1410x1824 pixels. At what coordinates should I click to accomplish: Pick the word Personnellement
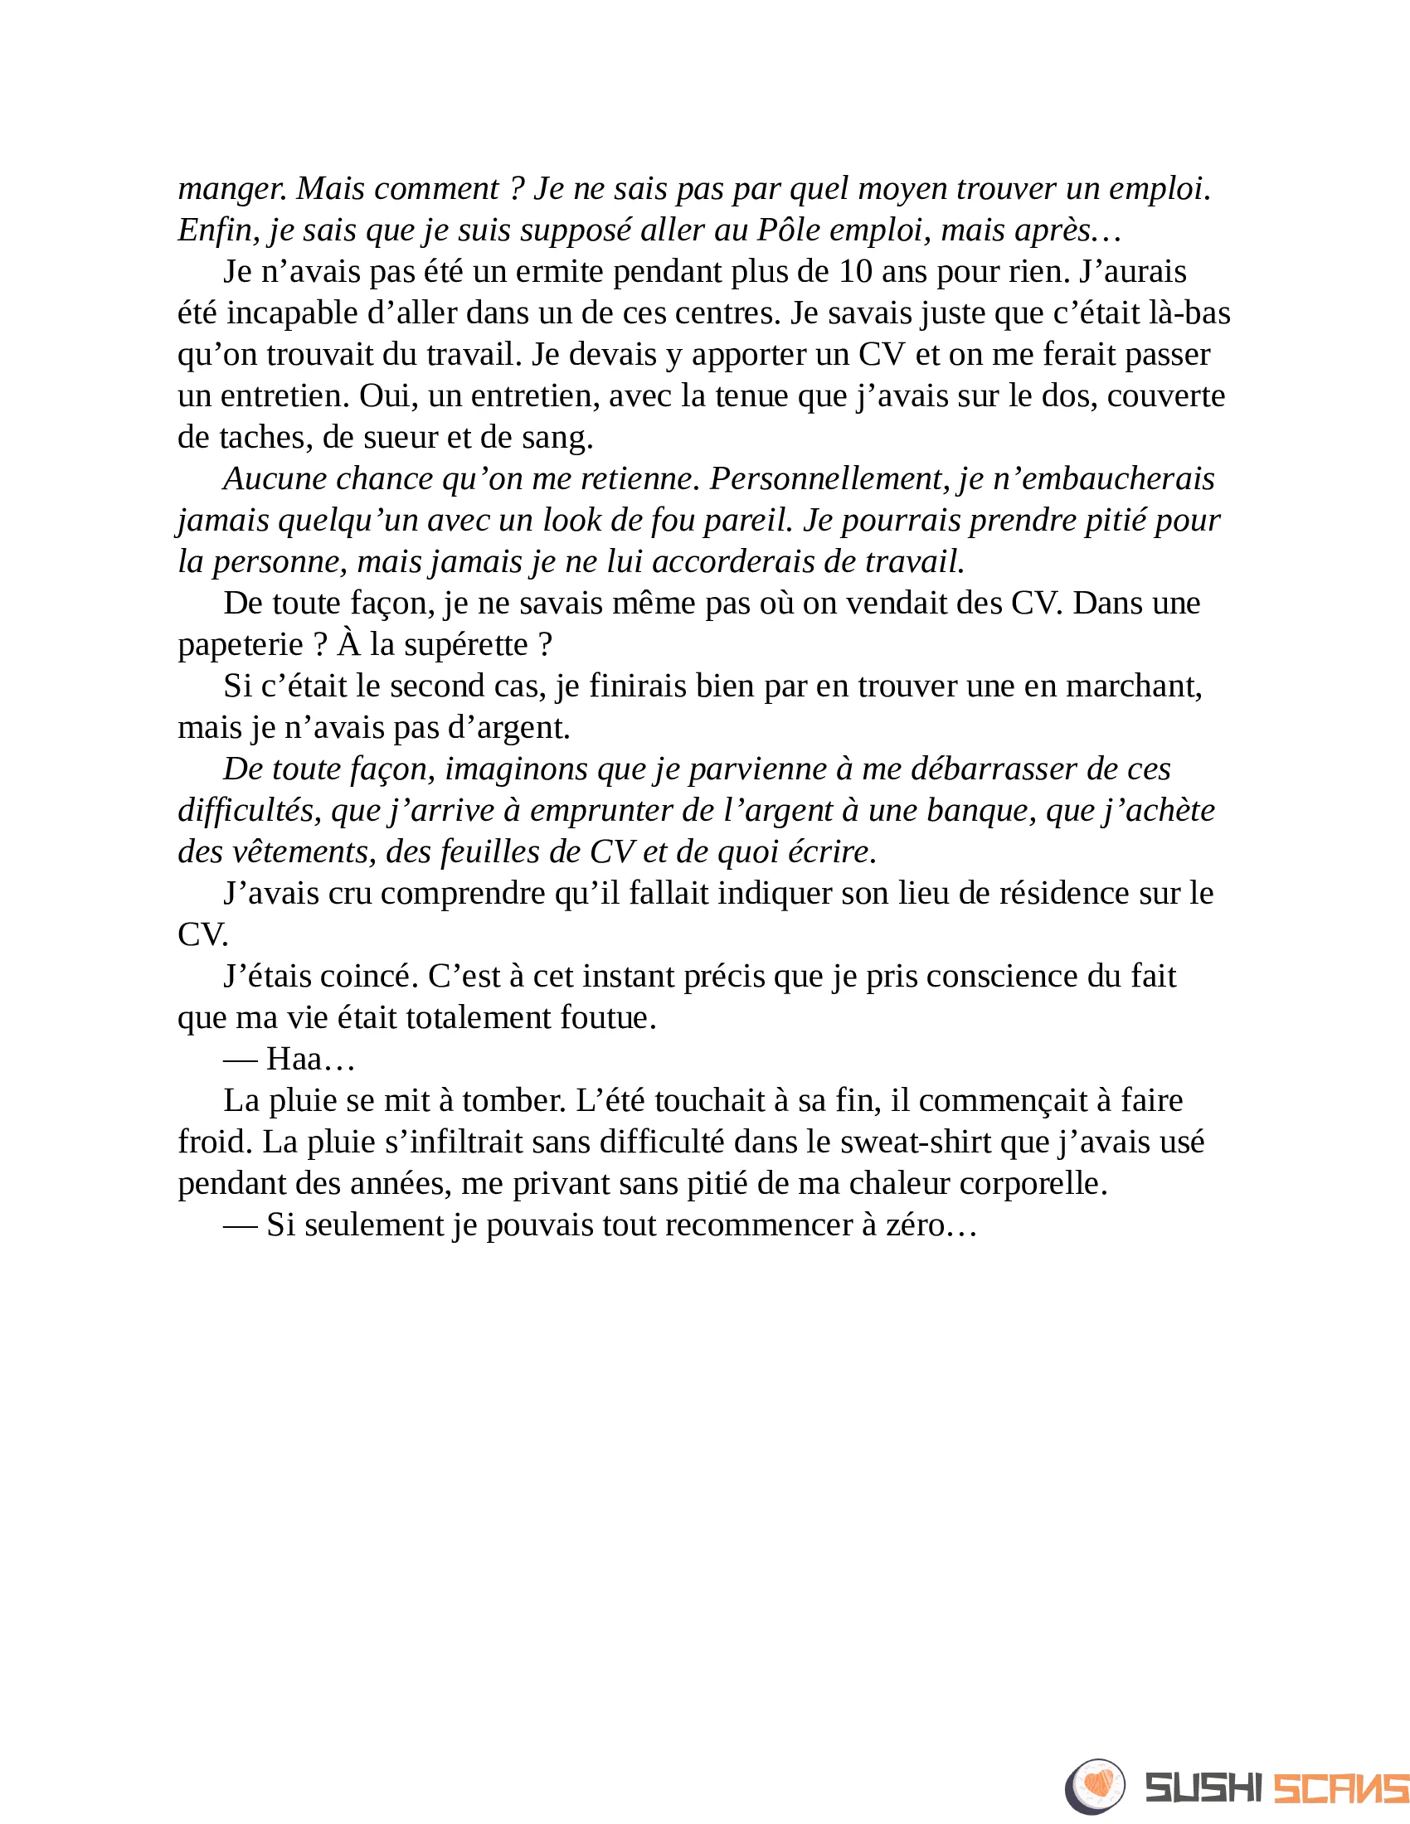pyautogui.click(x=829, y=478)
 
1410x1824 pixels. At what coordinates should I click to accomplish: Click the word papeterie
pyautogui.click(x=241, y=645)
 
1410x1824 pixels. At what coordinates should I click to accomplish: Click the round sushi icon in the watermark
pyautogui.click(x=1094, y=1787)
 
